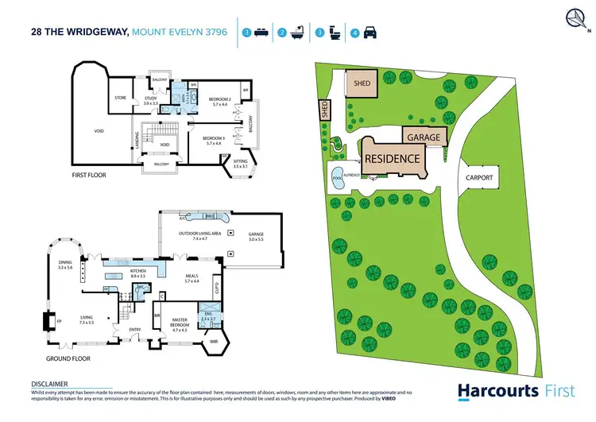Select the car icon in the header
tap(370, 33)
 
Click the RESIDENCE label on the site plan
tap(392, 158)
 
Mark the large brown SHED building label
tap(362, 83)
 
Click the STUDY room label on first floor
tap(151, 101)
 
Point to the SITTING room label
tap(241, 164)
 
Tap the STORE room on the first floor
tap(122, 98)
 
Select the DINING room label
tap(65, 265)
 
